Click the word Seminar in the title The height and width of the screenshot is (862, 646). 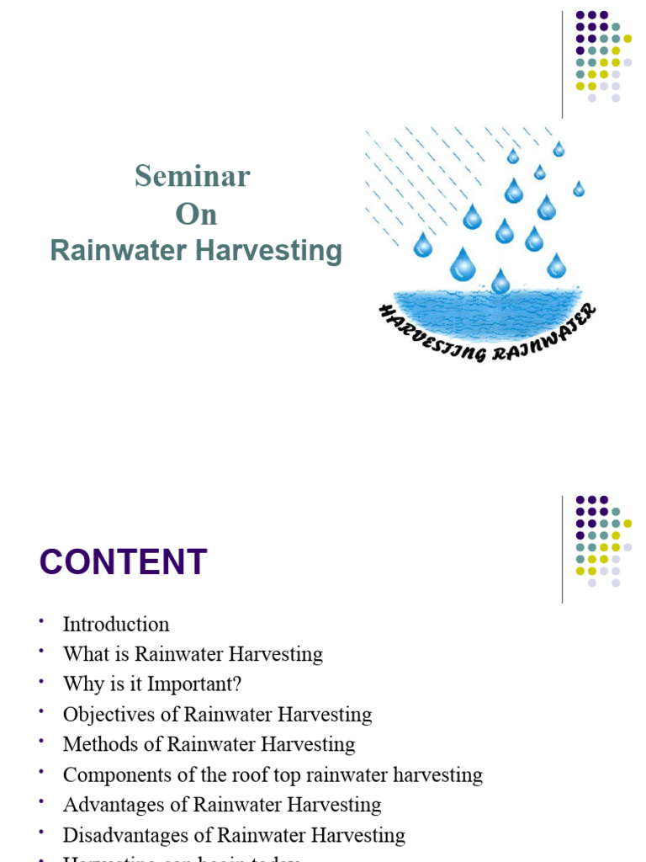coord(193,177)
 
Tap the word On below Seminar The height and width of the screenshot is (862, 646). coord(196,215)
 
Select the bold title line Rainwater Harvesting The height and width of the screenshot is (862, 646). coord(196,251)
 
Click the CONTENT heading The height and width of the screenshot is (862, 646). coord(123,562)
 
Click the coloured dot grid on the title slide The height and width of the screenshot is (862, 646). coord(602,56)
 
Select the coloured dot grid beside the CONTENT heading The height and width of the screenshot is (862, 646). coord(602,540)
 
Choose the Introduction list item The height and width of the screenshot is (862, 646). coord(116,625)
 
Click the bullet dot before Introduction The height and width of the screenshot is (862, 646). coord(40,621)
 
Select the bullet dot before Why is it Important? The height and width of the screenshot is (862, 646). coord(40,682)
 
